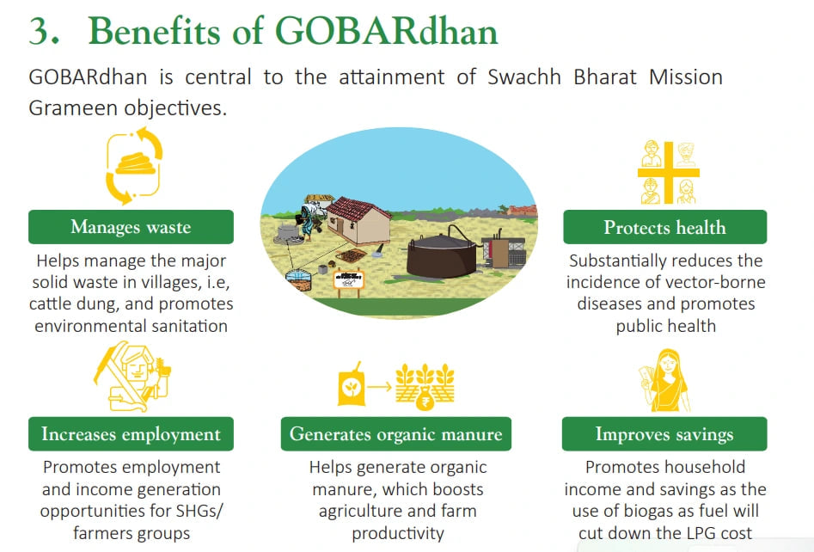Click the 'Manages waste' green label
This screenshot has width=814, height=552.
[131, 227]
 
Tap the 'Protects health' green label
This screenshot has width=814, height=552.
[665, 227]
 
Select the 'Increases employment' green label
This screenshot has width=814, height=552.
[131, 433]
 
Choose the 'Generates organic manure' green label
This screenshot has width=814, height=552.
[396, 433]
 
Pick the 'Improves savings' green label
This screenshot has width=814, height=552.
[664, 433]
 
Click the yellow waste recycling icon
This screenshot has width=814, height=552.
[134, 166]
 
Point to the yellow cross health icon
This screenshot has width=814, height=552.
[669, 173]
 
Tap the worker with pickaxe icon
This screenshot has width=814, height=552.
[132, 377]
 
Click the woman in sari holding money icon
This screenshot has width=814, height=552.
[664, 381]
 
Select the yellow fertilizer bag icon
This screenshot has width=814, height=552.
[352, 385]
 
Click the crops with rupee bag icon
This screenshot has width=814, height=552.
[425, 386]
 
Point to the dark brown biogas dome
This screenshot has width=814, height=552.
[442, 255]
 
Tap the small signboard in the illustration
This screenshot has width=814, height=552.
[348, 281]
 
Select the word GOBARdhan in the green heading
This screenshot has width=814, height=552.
[387, 31]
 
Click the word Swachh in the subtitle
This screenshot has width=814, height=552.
[524, 77]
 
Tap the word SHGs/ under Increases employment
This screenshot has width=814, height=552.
[199, 511]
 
